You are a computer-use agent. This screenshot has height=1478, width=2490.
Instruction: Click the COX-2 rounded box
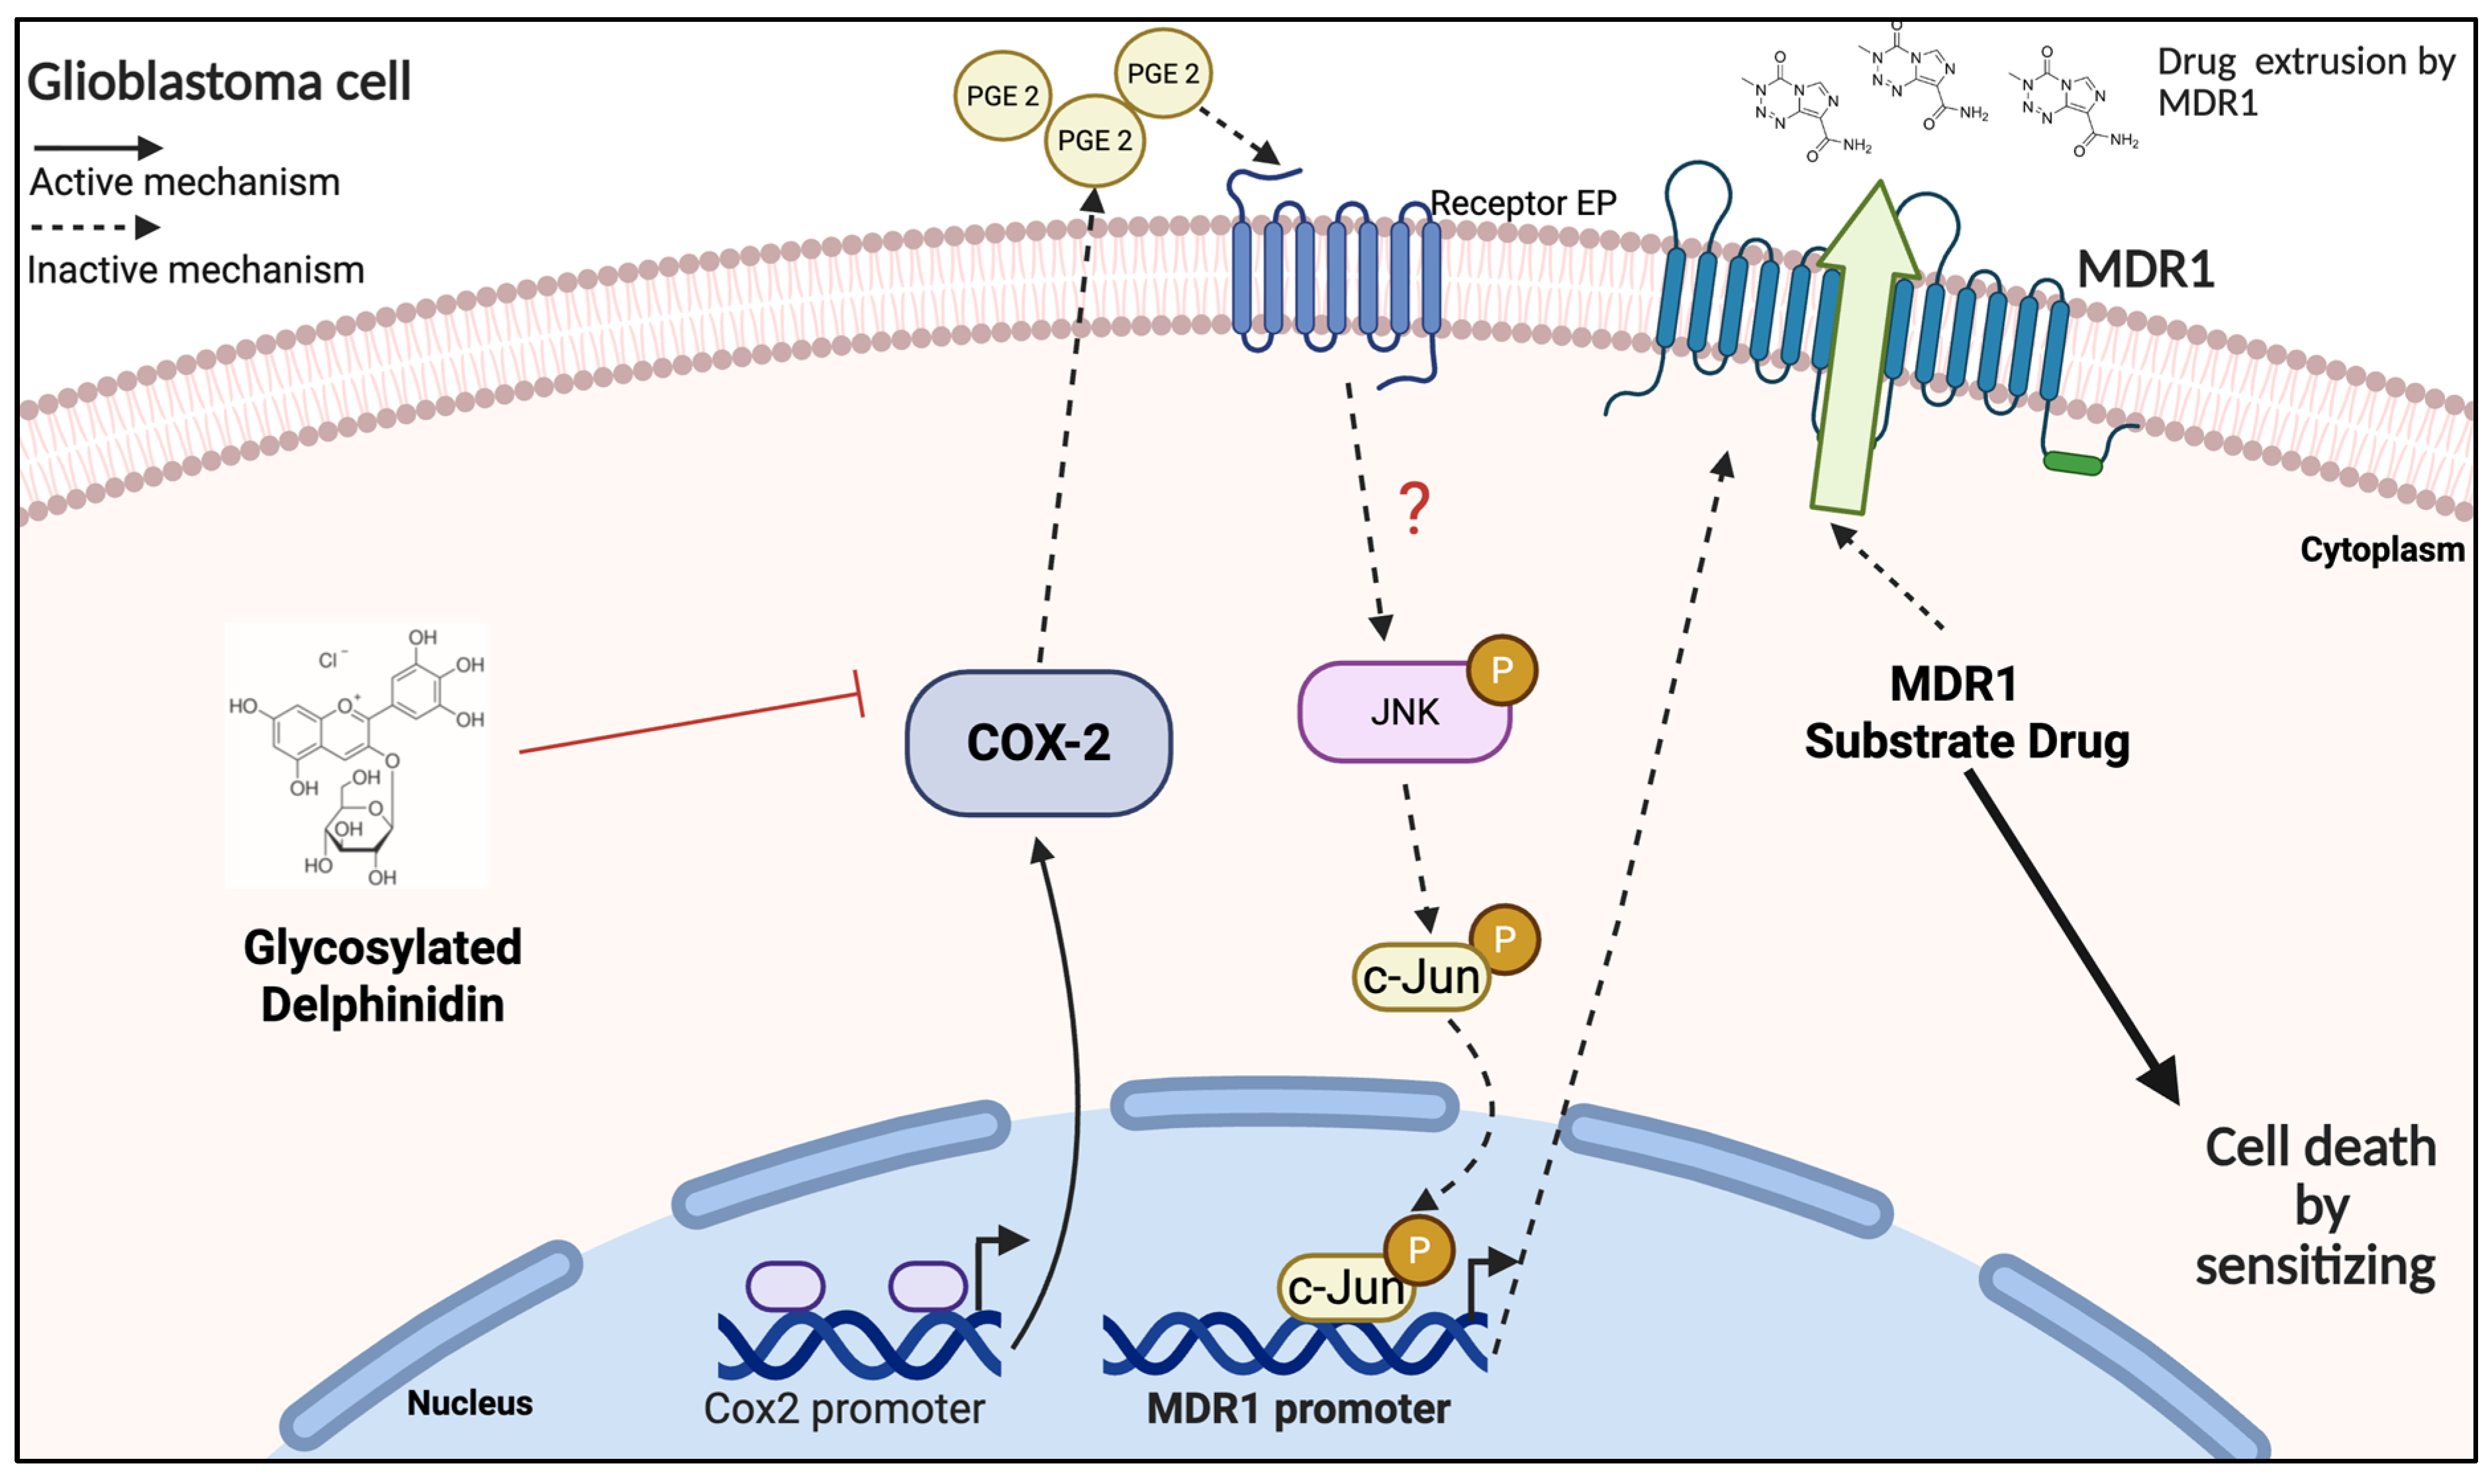[1038, 743]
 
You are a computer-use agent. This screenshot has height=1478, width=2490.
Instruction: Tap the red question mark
[1414, 508]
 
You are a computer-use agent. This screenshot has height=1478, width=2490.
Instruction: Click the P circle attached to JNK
[1502, 670]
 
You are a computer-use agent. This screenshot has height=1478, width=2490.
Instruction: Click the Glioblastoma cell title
[218, 81]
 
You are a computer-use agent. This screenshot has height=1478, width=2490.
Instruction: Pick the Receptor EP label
[1523, 203]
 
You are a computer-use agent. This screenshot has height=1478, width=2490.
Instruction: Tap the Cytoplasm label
[2381, 550]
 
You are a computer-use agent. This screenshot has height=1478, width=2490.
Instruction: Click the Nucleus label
[469, 1403]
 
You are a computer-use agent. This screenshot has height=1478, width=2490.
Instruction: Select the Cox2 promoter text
[844, 1409]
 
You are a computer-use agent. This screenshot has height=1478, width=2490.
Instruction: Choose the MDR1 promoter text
[1298, 1409]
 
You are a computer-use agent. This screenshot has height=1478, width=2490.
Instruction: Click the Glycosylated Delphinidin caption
[383, 976]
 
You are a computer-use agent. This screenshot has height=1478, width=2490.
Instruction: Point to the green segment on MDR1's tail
[2072, 463]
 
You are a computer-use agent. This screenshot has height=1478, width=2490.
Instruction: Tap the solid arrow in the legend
[97, 148]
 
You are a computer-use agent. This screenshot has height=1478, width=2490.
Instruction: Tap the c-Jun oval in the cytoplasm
[1421, 977]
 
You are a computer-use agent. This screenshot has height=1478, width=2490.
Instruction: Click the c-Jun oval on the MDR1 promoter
[1345, 1287]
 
